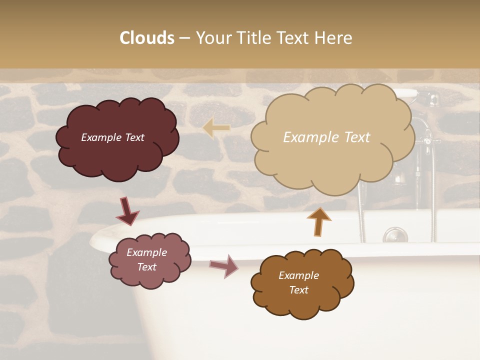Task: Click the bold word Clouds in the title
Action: click(147, 38)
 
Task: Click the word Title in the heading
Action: click(252, 38)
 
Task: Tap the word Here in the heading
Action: click(333, 38)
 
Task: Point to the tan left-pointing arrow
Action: click(216, 128)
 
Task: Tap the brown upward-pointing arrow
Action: click(319, 221)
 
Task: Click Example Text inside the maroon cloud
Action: click(112, 137)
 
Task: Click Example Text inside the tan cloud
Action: click(326, 137)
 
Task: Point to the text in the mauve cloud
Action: click(146, 259)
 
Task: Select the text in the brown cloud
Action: click(298, 282)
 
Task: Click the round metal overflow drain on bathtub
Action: click(395, 234)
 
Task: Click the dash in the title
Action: click(184, 38)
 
